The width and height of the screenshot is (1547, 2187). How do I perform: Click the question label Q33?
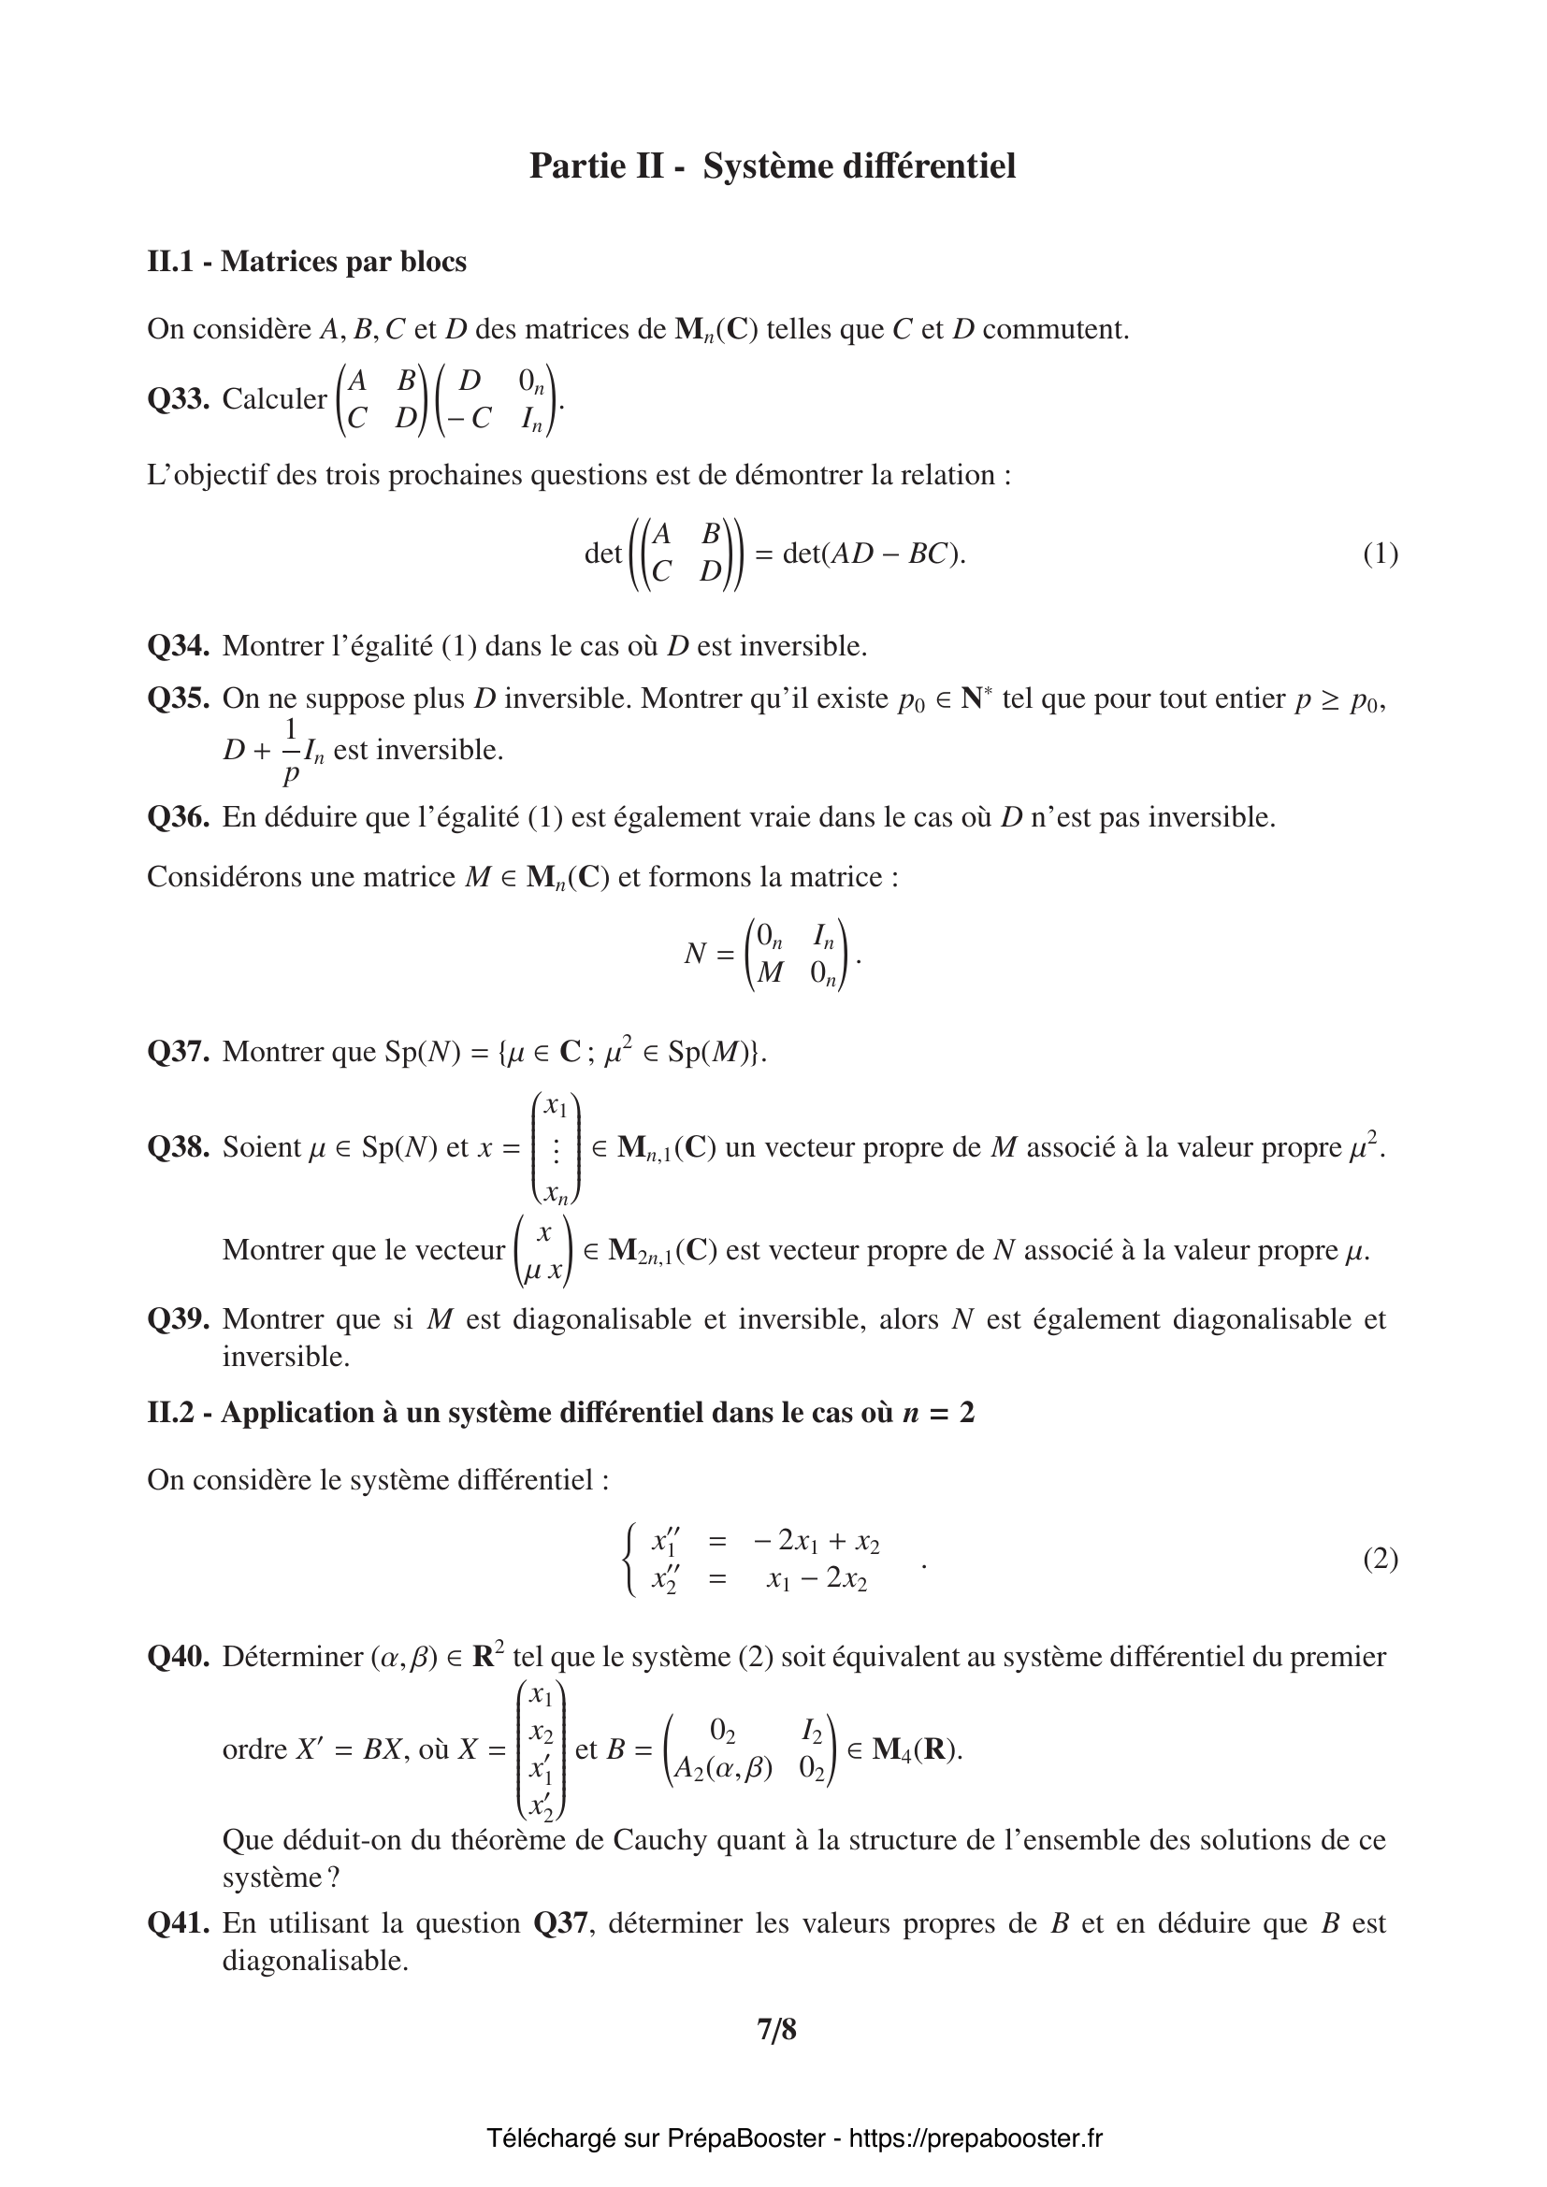point(178,399)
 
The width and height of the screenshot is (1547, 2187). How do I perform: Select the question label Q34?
point(178,646)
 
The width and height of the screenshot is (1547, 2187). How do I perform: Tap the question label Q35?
point(178,698)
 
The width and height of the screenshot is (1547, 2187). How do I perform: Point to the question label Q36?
point(178,817)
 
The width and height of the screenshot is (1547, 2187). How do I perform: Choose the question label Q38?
point(178,1147)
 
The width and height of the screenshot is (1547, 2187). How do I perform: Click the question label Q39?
point(178,1319)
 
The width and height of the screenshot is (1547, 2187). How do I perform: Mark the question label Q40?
point(178,1657)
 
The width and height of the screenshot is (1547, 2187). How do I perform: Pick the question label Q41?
point(178,1923)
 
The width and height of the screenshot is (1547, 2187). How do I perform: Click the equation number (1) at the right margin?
point(1381,554)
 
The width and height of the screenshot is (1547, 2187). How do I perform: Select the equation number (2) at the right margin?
point(1381,1559)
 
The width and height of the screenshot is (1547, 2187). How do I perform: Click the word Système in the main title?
point(767,165)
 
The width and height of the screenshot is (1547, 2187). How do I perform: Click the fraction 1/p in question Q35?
point(291,751)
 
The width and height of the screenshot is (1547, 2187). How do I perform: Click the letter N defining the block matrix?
point(695,954)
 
